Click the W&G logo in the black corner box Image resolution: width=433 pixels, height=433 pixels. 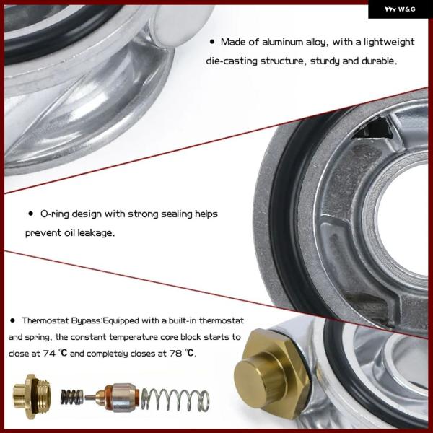point(400,9)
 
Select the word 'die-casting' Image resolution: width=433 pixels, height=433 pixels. point(232,61)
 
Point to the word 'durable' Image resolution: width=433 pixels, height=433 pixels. point(380,61)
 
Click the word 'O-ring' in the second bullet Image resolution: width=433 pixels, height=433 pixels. point(55,214)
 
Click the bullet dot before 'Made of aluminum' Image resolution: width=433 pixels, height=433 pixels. point(212,42)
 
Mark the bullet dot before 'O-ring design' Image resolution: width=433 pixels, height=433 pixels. point(31,214)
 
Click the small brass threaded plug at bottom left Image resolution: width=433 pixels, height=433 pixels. point(32,396)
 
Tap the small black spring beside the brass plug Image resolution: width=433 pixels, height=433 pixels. point(71,398)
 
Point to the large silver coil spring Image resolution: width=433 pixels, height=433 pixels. point(175,399)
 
